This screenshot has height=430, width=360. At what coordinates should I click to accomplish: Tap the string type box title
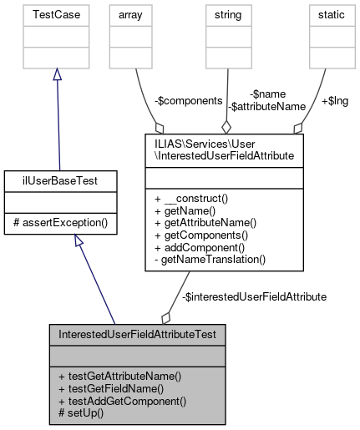(x=225, y=16)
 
